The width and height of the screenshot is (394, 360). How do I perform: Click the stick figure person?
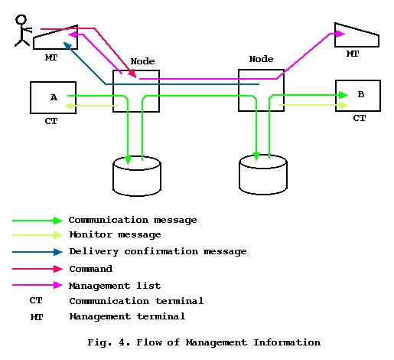pyautogui.click(x=22, y=31)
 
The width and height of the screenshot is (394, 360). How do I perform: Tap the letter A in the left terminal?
pyautogui.click(x=54, y=97)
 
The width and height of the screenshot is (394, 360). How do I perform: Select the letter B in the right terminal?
pyautogui.click(x=361, y=94)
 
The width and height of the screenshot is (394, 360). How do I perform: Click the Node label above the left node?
pyautogui.click(x=142, y=61)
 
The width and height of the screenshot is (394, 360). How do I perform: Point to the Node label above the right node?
pyautogui.click(x=261, y=59)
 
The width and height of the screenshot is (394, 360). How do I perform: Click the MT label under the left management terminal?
pyautogui.click(x=51, y=57)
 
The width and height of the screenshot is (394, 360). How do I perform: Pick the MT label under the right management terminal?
pyautogui.click(x=353, y=54)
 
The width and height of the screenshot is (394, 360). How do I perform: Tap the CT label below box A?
pyautogui.click(x=51, y=121)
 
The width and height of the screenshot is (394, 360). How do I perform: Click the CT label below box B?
pyautogui.click(x=360, y=118)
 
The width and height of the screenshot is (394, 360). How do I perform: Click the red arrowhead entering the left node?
pyautogui.click(x=132, y=74)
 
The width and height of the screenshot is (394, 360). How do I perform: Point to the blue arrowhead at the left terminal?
pyautogui.click(x=67, y=45)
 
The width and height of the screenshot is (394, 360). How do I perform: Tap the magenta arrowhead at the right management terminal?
pyautogui.click(x=340, y=34)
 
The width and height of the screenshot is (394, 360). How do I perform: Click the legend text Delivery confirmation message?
pyautogui.click(x=158, y=252)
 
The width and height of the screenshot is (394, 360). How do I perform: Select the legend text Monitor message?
pyautogui.click(x=115, y=234)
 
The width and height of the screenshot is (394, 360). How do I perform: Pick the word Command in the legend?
pyautogui.click(x=91, y=269)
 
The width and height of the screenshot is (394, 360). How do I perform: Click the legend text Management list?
pyautogui.click(x=115, y=286)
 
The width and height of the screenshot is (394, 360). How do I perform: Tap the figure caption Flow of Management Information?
pyautogui.click(x=228, y=342)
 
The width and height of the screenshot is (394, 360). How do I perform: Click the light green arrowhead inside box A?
pyautogui.click(x=69, y=106)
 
